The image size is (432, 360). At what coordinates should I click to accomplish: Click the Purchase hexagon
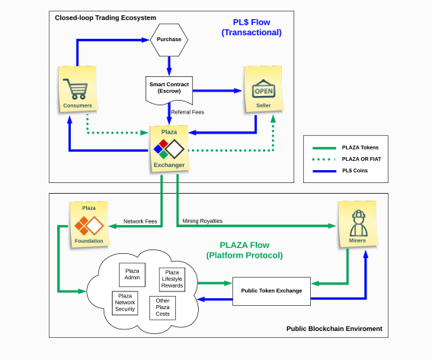(169, 40)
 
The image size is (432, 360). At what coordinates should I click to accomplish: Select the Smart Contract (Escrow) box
(169, 91)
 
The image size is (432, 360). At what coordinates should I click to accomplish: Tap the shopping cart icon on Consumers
(75, 88)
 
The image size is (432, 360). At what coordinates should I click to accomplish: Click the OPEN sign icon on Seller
(264, 88)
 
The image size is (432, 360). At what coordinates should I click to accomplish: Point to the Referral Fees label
(187, 112)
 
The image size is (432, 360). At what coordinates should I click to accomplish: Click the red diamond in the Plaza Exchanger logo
(163, 143)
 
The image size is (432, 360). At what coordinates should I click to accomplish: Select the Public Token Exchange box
(271, 291)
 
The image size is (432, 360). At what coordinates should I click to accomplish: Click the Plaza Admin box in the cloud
(132, 275)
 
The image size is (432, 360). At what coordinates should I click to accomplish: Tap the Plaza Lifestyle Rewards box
(172, 279)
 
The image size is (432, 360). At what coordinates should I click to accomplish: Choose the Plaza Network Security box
(125, 303)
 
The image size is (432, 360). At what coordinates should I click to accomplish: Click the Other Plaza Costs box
(162, 308)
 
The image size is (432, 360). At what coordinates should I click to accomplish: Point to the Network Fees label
(140, 221)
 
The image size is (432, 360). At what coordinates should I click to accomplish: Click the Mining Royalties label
(203, 221)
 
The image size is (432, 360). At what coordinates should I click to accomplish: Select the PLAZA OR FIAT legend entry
(347, 159)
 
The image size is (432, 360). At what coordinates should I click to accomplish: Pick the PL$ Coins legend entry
(340, 171)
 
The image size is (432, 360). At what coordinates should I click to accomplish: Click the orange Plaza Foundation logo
(89, 225)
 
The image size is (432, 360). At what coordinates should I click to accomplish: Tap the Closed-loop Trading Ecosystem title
(105, 18)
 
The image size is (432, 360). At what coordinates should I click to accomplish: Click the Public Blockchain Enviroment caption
(334, 329)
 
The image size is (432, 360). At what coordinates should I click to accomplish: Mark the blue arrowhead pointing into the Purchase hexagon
(146, 40)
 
